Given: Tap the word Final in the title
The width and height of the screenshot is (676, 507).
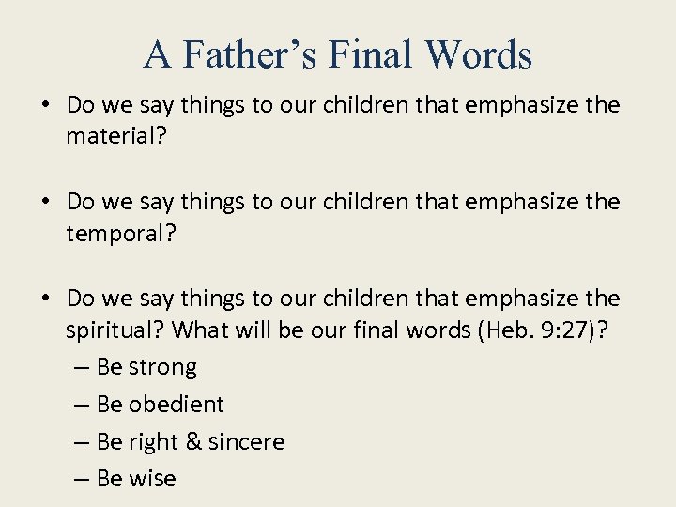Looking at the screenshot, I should [x=370, y=54].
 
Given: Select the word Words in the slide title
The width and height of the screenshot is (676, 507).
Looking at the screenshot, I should [x=478, y=54].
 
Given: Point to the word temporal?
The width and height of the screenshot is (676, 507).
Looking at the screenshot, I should [x=120, y=234].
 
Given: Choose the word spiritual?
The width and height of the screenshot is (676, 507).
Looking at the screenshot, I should [x=115, y=330].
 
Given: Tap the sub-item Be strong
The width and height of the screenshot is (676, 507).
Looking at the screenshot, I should [x=146, y=367].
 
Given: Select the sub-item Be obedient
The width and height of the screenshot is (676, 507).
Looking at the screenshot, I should [x=160, y=405].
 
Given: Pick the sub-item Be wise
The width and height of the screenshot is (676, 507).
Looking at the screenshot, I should [x=135, y=479].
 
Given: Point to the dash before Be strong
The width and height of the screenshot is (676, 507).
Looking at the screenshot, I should [x=81, y=368].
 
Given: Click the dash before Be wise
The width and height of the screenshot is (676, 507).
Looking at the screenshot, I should [x=81, y=480].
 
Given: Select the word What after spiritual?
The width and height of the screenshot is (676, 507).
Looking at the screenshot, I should [x=204, y=330].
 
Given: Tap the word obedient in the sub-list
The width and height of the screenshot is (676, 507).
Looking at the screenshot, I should [x=176, y=405].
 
